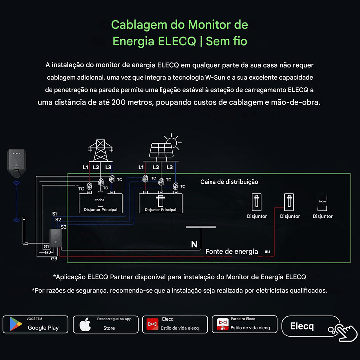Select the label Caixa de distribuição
(229, 182)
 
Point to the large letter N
(194, 245)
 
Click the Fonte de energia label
(232, 251)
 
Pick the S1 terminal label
(54, 214)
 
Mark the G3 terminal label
(54, 258)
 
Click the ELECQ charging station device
(16, 163)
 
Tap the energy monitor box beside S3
(55, 238)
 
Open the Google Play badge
(36, 324)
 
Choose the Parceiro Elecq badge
(244, 324)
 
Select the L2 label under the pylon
(96, 167)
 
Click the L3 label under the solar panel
(170, 167)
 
